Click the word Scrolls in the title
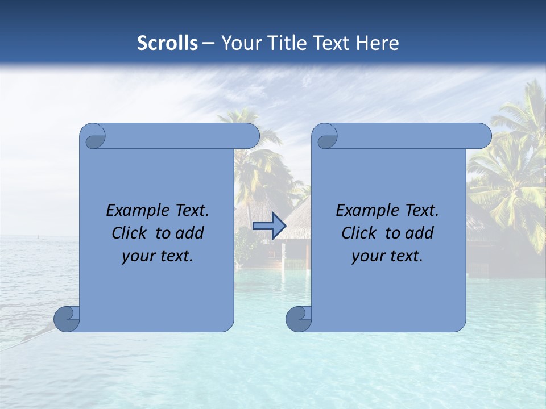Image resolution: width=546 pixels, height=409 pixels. [x=167, y=43]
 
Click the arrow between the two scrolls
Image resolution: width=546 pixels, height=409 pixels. [x=269, y=226]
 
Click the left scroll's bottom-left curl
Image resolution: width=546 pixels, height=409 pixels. [x=67, y=319]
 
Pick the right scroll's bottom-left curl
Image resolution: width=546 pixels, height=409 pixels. [x=299, y=319]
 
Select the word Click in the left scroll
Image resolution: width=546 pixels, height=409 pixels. [x=129, y=233]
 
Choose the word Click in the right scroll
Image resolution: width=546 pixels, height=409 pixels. [x=358, y=233]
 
